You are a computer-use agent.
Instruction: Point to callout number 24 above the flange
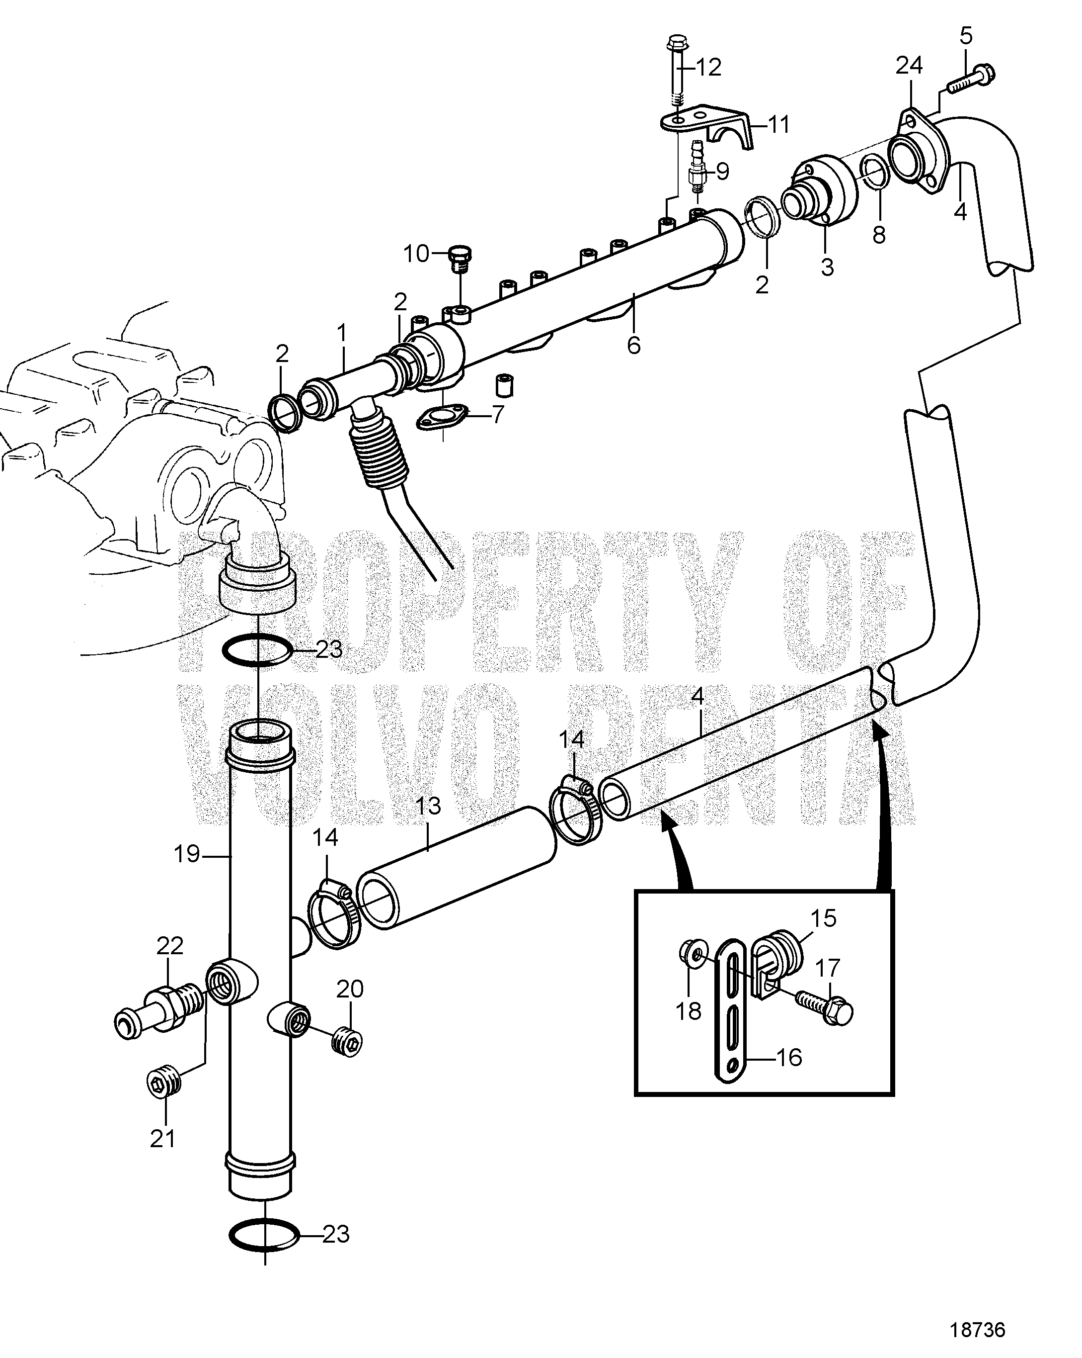(909, 65)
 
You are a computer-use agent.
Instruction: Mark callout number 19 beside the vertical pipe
(187, 855)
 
